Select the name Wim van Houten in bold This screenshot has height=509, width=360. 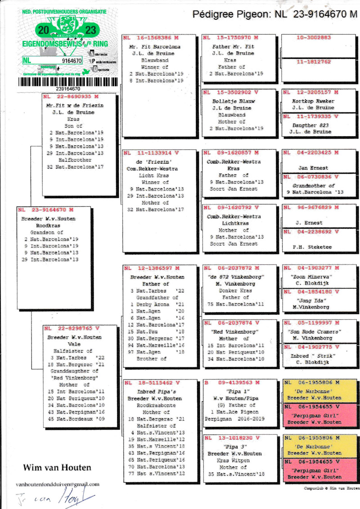(x=57, y=468)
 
